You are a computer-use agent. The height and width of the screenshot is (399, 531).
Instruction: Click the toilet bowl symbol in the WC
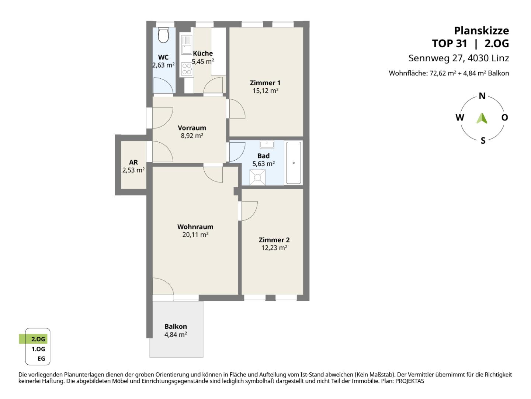pyautogui.click(x=163, y=35)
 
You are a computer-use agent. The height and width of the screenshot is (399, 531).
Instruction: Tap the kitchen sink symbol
pyautogui.click(x=187, y=45)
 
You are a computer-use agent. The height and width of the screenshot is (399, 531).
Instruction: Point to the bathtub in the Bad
pyautogui.click(x=294, y=163)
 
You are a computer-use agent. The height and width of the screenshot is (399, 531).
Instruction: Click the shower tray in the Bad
pyautogui.click(x=257, y=177)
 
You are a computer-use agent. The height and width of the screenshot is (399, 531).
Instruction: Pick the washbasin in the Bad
pyautogui.click(x=267, y=144)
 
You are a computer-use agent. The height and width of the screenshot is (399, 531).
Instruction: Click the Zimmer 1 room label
pyautogui.click(x=265, y=83)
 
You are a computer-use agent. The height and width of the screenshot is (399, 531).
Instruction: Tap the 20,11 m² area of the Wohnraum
pyautogui.click(x=195, y=235)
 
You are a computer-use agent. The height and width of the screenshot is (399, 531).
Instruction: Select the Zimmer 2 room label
pyautogui.click(x=274, y=240)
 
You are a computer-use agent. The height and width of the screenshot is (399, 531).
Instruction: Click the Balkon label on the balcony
pyautogui.click(x=176, y=326)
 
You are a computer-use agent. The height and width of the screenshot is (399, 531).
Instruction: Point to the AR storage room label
pyautogui.click(x=133, y=162)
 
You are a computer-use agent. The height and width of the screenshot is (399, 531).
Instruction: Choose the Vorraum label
pyautogui.click(x=192, y=128)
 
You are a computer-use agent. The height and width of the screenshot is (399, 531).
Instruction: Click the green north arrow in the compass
pyautogui.click(x=482, y=118)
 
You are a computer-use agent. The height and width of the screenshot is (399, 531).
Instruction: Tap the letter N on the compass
pyautogui.click(x=482, y=96)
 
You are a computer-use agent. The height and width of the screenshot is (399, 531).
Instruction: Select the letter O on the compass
pyautogui.click(x=504, y=117)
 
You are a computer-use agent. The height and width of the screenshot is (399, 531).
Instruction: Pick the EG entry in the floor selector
pyautogui.click(x=41, y=358)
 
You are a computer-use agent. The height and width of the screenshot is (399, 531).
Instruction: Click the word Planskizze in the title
pyautogui.click(x=482, y=31)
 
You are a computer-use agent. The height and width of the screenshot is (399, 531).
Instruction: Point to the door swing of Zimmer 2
pyautogui.click(x=249, y=211)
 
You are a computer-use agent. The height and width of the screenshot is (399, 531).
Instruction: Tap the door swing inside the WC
pyautogui.click(x=163, y=85)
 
